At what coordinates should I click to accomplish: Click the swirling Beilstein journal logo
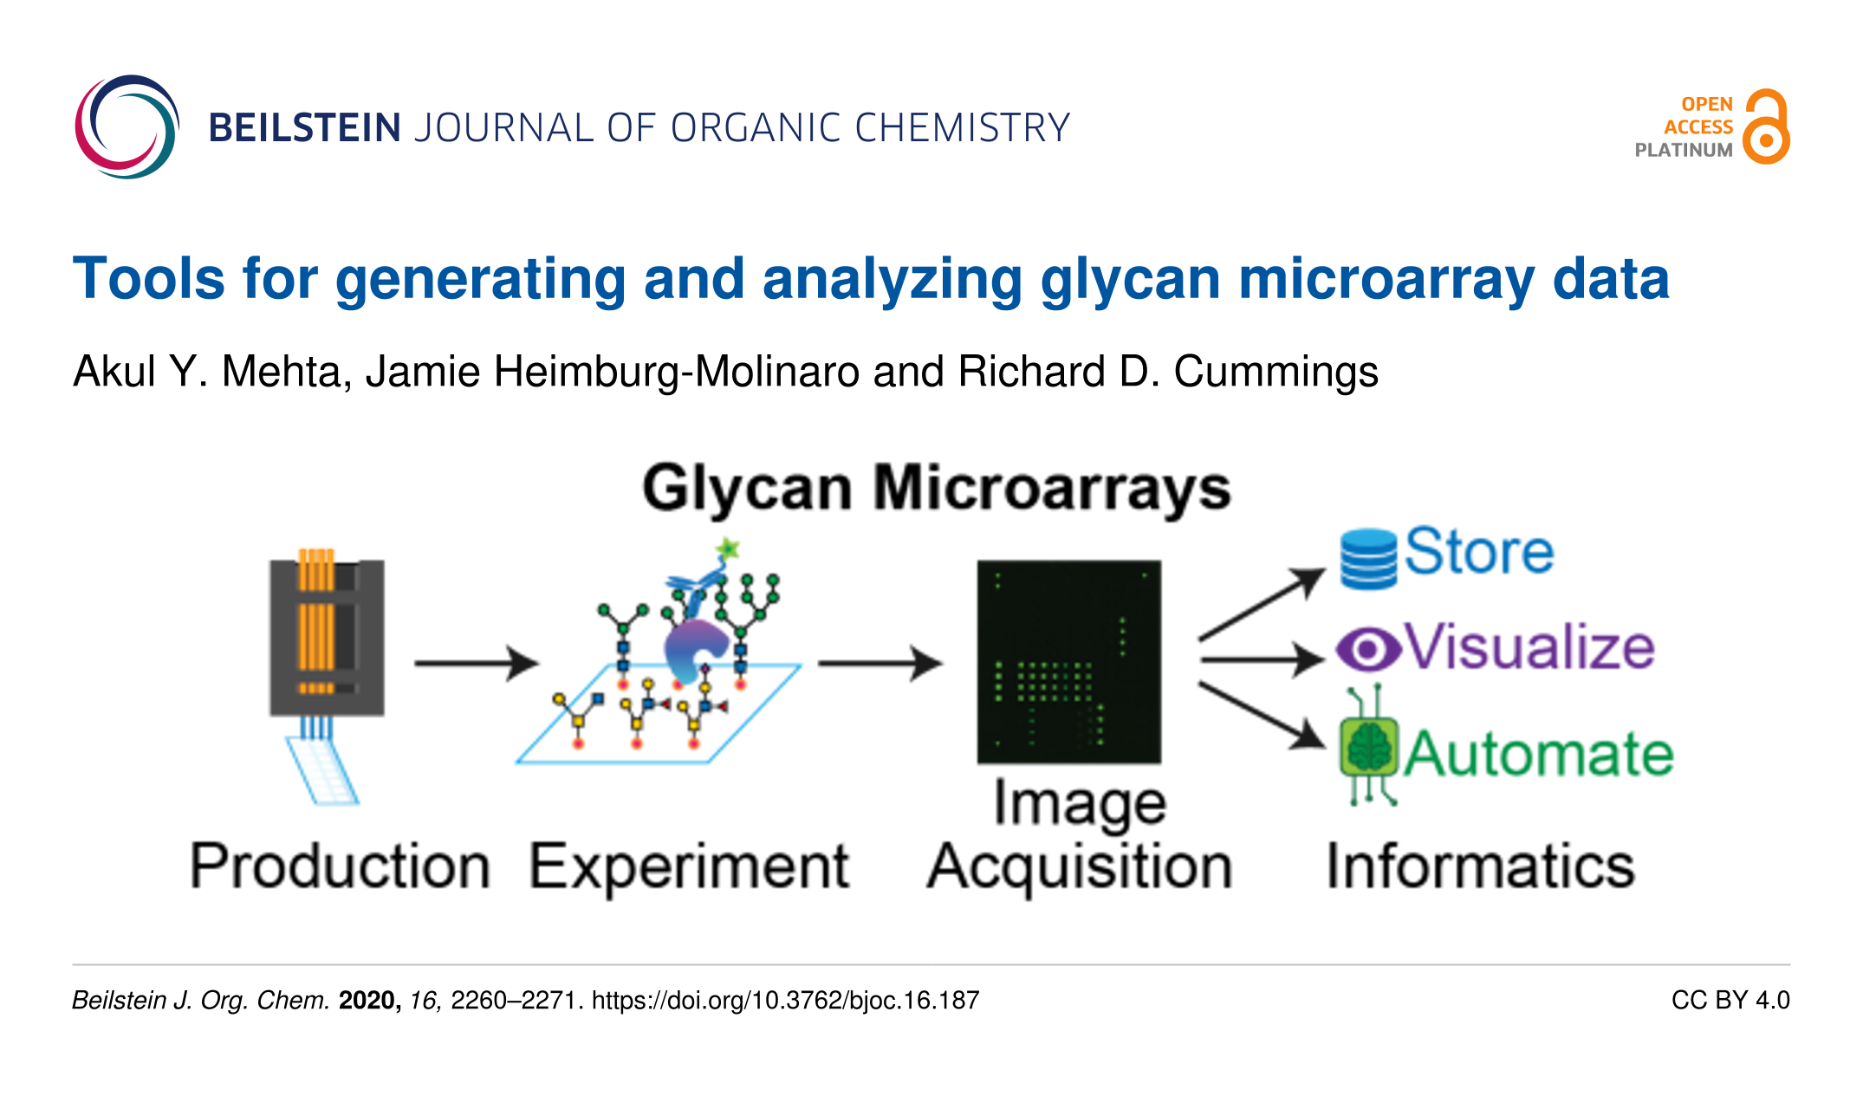click(127, 127)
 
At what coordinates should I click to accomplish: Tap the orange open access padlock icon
click(1766, 126)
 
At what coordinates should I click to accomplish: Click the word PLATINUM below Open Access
click(1684, 150)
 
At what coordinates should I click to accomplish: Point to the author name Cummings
click(1276, 372)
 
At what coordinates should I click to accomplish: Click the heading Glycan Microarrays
click(936, 489)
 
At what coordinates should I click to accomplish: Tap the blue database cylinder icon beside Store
click(1368, 559)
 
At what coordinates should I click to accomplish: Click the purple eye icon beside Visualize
click(1368, 649)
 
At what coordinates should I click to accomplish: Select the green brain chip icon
click(1368, 746)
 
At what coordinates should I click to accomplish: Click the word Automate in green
click(1539, 753)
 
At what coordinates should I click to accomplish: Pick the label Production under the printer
click(341, 866)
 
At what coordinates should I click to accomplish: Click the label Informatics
click(1481, 866)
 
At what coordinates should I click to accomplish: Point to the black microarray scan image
click(1069, 662)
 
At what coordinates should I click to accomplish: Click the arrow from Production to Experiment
click(477, 664)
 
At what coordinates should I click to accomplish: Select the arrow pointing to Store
click(1263, 604)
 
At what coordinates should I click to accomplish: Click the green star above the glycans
click(728, 548)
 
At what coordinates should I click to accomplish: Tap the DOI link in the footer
click(785, 1001)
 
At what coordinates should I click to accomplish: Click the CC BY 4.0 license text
click(1730, 1001)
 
